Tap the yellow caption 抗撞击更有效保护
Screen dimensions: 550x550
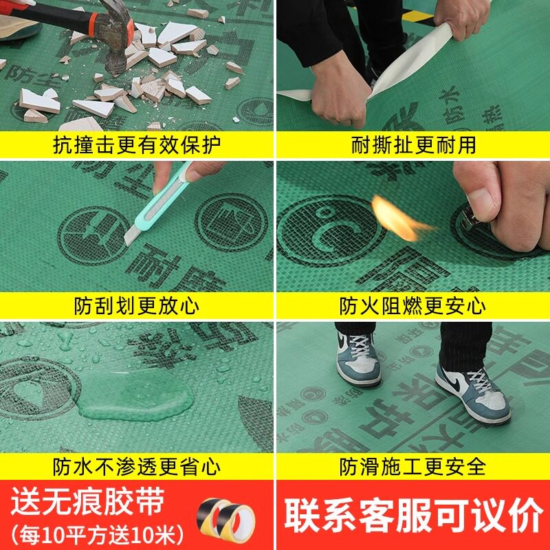(x=137, y=145)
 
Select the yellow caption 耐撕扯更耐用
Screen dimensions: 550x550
(x=413, y=145)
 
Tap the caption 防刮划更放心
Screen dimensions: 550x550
(x=137, y=305)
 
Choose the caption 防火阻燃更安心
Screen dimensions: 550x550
(x=413, y=305)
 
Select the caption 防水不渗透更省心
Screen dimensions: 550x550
(x=137, y=467)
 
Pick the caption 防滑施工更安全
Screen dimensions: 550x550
(x=413, y=467)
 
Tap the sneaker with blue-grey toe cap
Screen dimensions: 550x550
(x=358, y=357)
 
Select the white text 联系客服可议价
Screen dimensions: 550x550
(x=413, y=514)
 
